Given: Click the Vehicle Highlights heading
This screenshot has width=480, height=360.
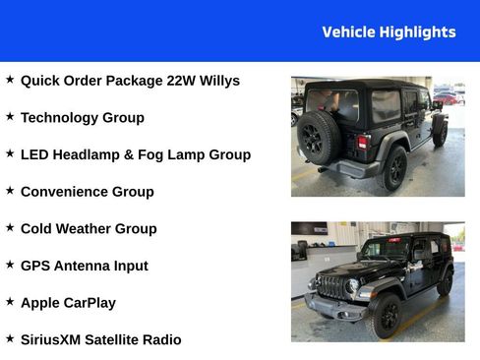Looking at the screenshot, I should pos(389,32).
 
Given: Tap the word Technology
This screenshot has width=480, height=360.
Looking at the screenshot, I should pos(60,118).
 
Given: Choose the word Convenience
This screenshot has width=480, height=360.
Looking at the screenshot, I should pos(64,192).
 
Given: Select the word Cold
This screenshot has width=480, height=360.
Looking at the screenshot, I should pos(37,229).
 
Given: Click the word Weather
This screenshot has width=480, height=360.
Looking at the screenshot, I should pos(86,229).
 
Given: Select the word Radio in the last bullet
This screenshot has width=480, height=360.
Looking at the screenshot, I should pos(161,339).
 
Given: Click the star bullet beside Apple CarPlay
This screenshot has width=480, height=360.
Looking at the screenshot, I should pos(10,301).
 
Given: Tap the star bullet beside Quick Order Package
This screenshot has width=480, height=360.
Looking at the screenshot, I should pos(10,79).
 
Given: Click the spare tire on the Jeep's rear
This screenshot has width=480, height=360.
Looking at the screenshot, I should pos(319,137).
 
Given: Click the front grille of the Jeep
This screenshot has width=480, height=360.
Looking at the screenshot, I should pos(331,286).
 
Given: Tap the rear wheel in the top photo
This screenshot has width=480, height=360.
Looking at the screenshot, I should pos(394,168).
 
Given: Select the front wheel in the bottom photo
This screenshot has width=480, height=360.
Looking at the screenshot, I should pos(385,314).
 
